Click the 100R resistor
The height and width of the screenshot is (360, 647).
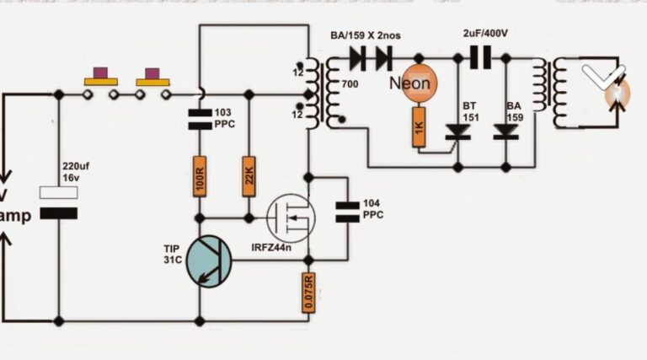tap(200, 176)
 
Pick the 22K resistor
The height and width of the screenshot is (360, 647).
tap(249, 176)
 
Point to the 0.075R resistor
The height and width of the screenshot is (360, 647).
tap(308, 292)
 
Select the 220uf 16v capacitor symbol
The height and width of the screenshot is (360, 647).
tap(58, 203)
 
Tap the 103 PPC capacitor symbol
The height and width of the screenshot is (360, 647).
tap(200, 119)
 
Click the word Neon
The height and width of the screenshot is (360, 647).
tap(410, 83)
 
